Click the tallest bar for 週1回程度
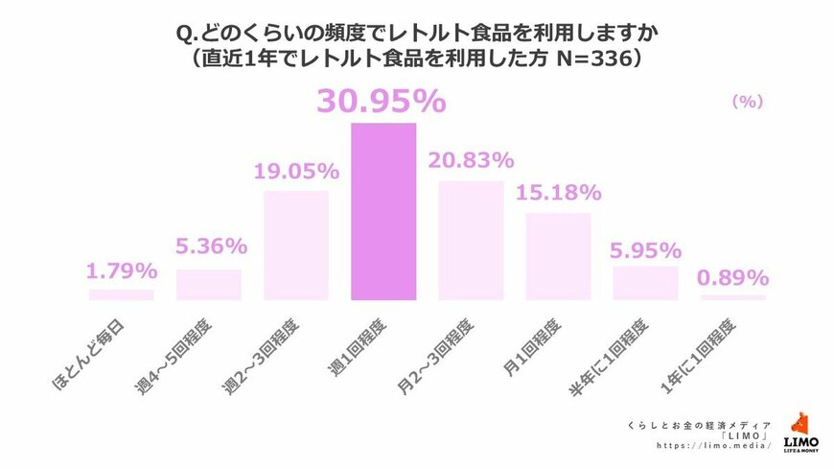383,211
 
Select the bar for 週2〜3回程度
296,245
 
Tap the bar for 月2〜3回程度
471,240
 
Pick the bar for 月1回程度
558,256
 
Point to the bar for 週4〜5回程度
209,284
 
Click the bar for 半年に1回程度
645,282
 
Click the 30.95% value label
383,102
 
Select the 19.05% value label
296,172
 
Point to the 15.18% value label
558,193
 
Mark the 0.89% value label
733,278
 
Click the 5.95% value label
645,250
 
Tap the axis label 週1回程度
354,351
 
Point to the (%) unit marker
746,101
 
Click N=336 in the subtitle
585,58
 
